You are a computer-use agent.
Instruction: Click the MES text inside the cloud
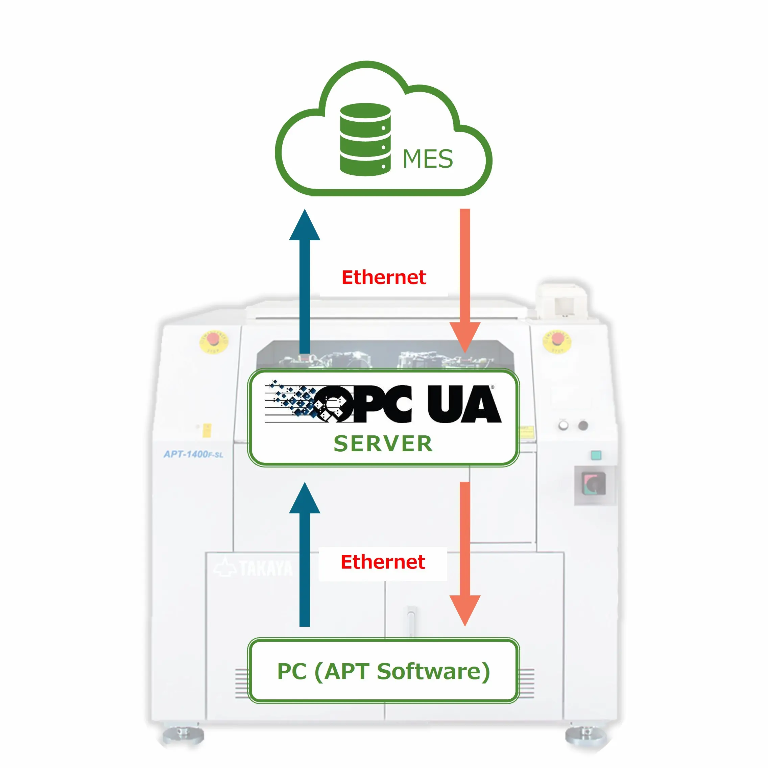pyautogui.click(x=427, y=159)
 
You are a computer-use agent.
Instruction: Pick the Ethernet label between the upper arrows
pyautogui.click(x=384, y=278)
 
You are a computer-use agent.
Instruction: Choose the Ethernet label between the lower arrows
pyautogui.click(x=383, y=562)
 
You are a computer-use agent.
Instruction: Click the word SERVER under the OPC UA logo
pyautogui.click(x=383, y=443)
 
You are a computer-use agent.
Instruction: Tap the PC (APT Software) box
pyautogui.click(x=384, y=671)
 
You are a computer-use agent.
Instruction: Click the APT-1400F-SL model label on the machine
pyautogui.click(x=194, y=454)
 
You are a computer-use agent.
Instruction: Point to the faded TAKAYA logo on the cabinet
pyautogui.click(x=255, y=568)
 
